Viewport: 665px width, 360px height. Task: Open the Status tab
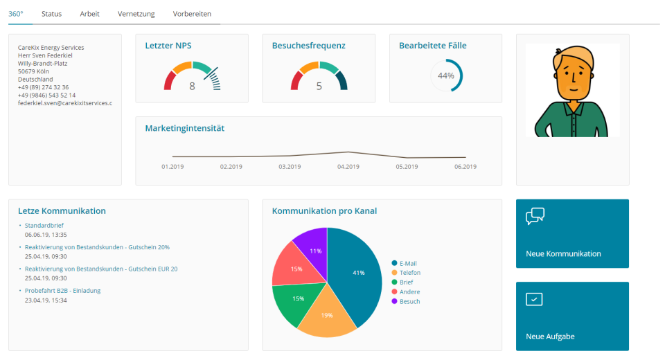(x=51, y=14)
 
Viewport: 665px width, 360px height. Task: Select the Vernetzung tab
(x=136, y=14)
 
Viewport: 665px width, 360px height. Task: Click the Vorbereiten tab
(x=192, y=14)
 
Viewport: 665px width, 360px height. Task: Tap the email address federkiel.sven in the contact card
(x=64, y=103)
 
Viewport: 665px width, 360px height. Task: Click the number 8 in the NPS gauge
(x=193, y=87)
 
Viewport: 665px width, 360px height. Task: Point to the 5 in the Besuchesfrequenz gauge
(x=319, y=87)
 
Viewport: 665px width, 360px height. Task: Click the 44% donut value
(x=446, y=75)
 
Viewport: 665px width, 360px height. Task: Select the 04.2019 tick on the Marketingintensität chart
(x=348, y=166)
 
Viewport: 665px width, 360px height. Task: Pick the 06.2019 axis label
(x=465, y=166)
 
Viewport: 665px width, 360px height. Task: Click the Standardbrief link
(x=44, y=226)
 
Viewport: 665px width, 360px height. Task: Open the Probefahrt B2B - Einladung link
(x=62, y=291)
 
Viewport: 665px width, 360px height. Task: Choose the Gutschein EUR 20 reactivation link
(x=101, y=269)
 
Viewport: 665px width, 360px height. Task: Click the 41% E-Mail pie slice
(x=357, y=273)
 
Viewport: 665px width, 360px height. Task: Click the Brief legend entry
(x=407, y=282)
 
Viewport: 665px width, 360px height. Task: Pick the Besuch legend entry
(x=409, y=301)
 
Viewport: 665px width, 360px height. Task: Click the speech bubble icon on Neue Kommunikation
(x=535, y=217)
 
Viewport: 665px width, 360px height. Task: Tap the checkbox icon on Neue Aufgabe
(x=534, y=299)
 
